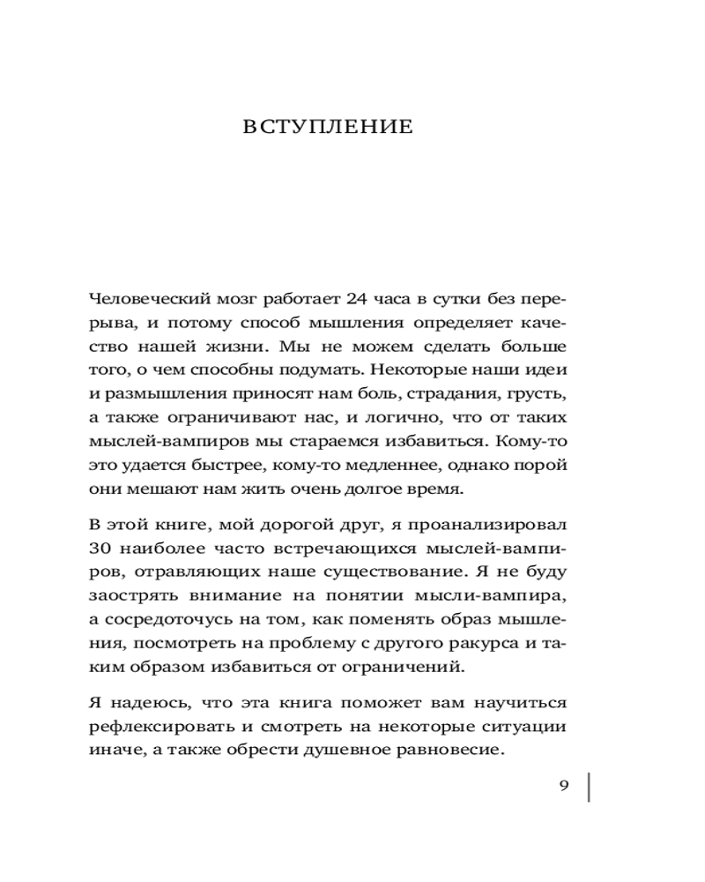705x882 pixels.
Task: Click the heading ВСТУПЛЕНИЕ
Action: coord(327,127)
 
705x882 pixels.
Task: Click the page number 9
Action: coord(565,787)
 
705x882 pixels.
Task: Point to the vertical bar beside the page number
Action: coord(588,787)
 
